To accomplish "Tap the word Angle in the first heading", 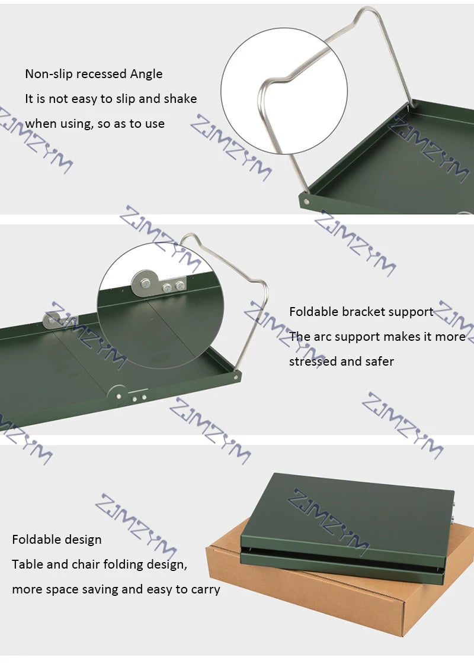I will [146, 74].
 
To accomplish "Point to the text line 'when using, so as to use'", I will [95, 124].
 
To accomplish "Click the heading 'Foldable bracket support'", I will [361, 312].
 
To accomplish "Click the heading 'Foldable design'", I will [57, 540].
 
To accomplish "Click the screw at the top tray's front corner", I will [306, 201].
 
